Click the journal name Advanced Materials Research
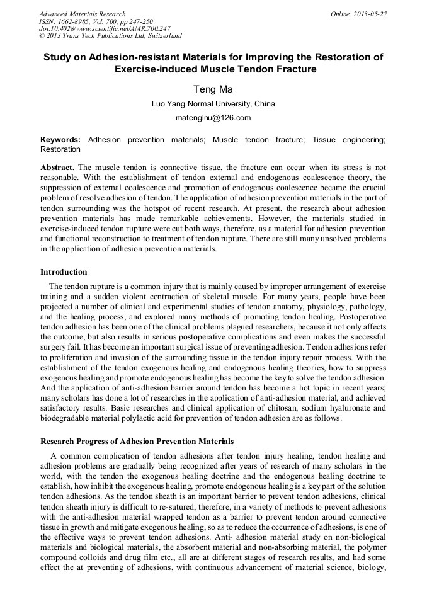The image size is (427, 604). pos(82,14)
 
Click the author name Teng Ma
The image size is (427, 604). pos(213,89)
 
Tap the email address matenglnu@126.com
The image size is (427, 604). pos(213,118)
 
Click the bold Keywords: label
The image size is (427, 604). pos(60,139)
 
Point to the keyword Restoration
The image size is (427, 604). pos(60,149)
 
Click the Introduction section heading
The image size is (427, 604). pos(64,272)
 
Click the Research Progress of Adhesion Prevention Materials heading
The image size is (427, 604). pos(137,441)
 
